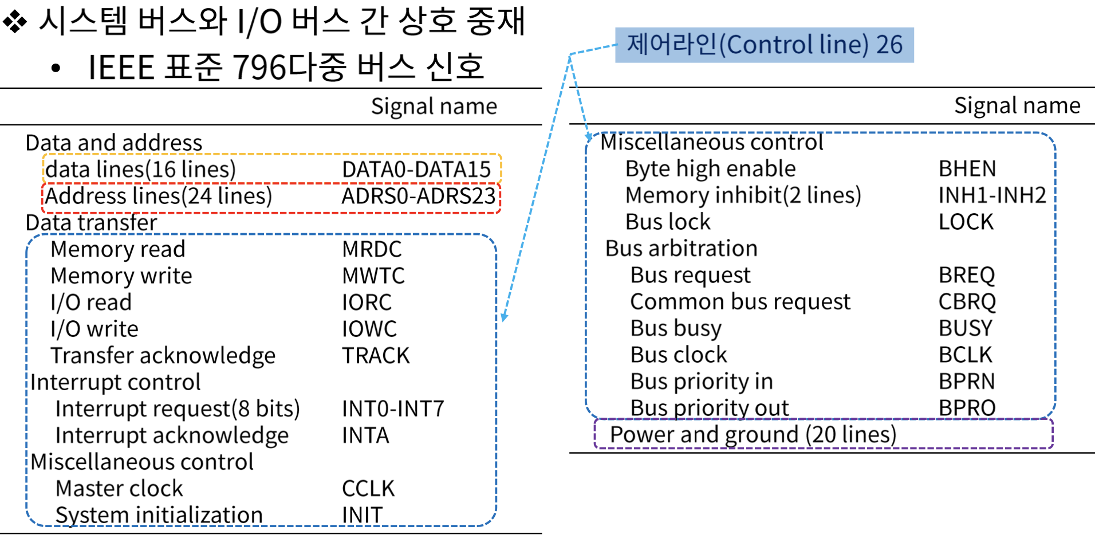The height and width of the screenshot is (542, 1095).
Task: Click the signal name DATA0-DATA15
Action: click(x=416, y=170)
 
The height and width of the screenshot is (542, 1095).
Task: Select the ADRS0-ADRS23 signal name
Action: click(x=418, y=197)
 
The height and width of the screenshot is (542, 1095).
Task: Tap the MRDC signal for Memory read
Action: click(x=372, y=250)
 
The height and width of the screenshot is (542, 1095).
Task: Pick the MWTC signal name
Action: click(x=373, y=276)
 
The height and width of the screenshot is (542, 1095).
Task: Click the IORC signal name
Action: click(x=367, y=303)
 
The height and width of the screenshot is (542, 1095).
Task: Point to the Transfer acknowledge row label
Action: click(x=163, y=356)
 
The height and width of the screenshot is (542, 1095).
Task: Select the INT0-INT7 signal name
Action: click(x=393, y=409)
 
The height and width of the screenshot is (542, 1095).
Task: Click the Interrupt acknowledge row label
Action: click(x=172, y=435)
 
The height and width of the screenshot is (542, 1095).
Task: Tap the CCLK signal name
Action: click(x=368, y=489)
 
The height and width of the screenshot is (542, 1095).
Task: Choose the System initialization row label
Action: click(x=159, y=515)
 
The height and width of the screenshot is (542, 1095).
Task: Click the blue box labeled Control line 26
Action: click(x=764, y=45)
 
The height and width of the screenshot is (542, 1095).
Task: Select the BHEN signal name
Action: click(x=967, y=169)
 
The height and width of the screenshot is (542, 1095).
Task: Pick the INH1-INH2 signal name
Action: click(x=992, y=195)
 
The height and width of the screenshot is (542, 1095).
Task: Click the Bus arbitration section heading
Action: click(x=681, y=249)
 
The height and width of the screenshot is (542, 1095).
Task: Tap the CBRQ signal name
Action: click(x=967, y=302)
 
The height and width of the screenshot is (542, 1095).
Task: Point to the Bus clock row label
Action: click(x=678, y=355)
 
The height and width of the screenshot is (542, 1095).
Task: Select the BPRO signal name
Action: click(x=967, y=408)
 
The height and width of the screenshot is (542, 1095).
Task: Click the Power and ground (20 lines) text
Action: click(x=753, y=435)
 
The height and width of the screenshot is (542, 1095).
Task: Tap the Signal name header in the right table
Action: click(x=1017, y=106)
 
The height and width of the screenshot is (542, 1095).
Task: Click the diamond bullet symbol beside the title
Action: click(x=15, y=22)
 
